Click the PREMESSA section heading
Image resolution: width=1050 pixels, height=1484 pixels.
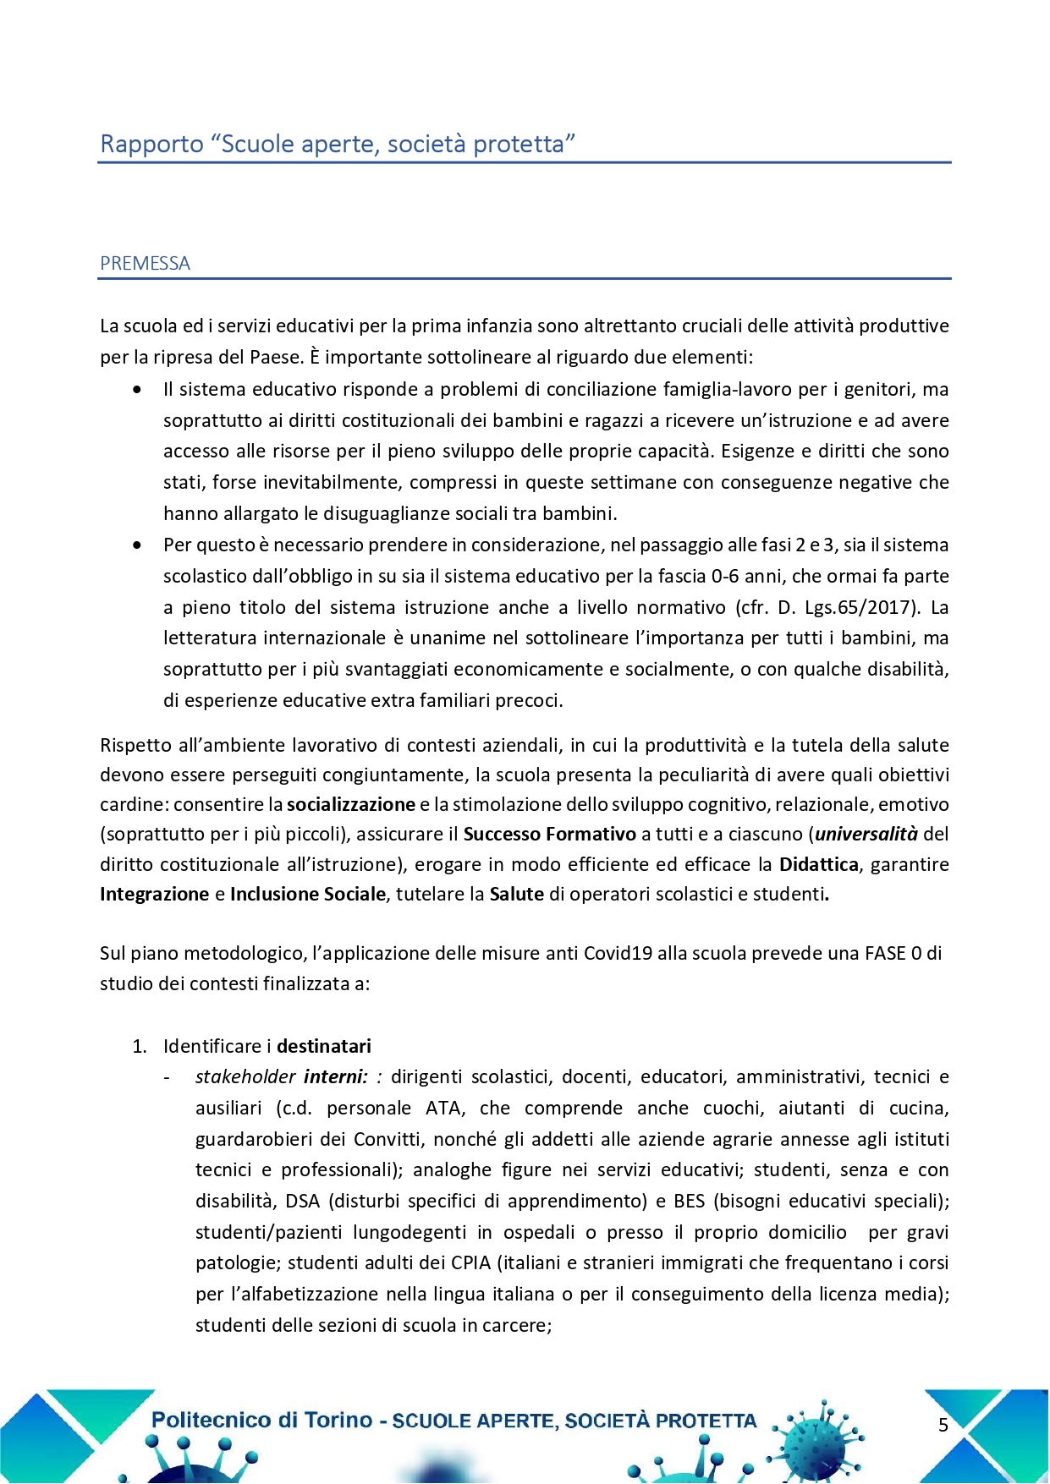pos(145,264)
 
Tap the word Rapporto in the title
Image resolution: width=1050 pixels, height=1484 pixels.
pos(151,144)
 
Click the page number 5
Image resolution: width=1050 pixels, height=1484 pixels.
pos(943,1425)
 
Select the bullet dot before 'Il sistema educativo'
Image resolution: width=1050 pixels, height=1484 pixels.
pos(137,390)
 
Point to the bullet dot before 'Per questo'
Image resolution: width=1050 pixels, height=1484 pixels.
pos(137,545)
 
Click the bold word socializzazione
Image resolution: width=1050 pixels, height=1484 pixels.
pos(351,804)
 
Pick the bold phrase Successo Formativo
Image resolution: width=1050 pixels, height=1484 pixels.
pos(549,835)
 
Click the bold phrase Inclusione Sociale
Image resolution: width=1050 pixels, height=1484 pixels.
pos(307,895)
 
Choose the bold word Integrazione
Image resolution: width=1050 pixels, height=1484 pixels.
pos(154,895)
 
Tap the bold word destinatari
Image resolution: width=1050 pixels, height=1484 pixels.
pos(324,1047)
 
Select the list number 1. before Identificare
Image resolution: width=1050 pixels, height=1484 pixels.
pos(140,1047)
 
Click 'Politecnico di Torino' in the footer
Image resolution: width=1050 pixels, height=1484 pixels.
pos(261,1421)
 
